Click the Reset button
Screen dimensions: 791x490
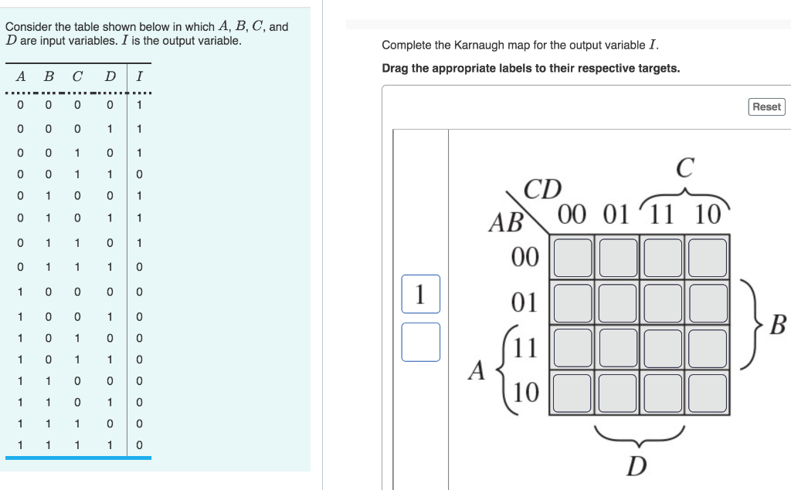coord(766,106)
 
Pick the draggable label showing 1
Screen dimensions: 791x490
coord(420,294)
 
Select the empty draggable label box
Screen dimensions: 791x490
coord(420,342)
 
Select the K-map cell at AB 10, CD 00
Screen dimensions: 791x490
coord(572,391)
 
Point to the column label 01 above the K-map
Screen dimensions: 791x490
coord(616,213)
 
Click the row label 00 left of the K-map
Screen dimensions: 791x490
coord(525,257)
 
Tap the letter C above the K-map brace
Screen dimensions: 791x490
coord(684,167)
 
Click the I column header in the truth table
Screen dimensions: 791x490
coord(139,76)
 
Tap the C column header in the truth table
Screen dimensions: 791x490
coord(76,76)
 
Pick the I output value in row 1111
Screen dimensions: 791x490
coord(139,445)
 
